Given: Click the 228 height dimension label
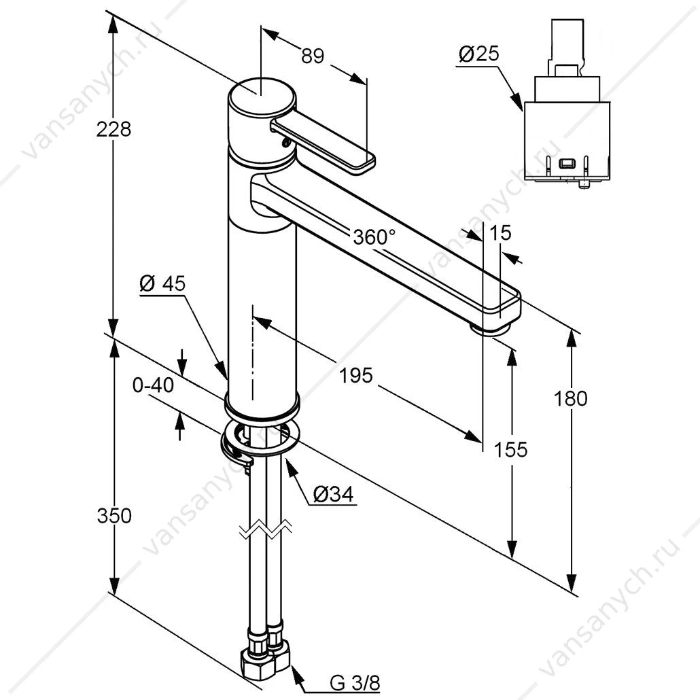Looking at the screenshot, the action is (113, 129).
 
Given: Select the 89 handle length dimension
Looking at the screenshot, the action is (313, 56).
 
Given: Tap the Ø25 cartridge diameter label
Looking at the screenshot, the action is (479, 54).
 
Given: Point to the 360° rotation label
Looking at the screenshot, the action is (374, 237).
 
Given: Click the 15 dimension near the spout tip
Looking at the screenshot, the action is (500, 233).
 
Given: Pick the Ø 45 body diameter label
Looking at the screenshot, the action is (162, 283).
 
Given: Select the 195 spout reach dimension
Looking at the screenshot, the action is (356, 375).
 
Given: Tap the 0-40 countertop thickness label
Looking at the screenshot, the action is (153, 385).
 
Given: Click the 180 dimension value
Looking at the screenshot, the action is (570, 398).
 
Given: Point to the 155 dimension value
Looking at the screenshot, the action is (510, 449).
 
